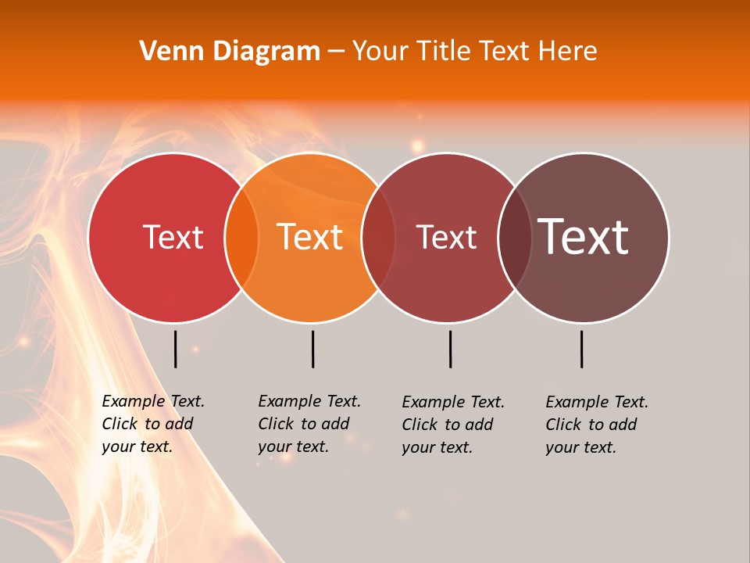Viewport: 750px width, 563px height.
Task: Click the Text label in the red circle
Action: pyautogui.click(x=173, y=237)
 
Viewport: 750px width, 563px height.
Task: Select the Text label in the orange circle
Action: pyautogui.click(x=310, y=237)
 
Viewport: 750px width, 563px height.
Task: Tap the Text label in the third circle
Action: pyautogui.click(x=447, y=237)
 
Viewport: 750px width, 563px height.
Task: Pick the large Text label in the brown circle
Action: pyautogui.click(x=584, y=237)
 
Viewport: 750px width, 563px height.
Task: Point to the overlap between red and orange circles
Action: pyautogui.click(x=241, y=238)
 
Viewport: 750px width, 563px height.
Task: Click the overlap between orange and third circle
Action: pyautogui.click(x=378, y=238)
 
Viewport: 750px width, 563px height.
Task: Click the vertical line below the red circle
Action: pyautogui.click(x=175, y=349)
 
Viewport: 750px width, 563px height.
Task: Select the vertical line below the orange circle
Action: pyautogui.click(x=312, y=349)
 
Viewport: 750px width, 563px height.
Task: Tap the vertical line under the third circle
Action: pyautogui.click(x=450, y=349)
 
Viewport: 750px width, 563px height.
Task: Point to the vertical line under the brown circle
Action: pyautogui.click(x=581, y=349)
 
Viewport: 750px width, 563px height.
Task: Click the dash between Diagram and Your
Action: pyautogui.click(x=336, y=52)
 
